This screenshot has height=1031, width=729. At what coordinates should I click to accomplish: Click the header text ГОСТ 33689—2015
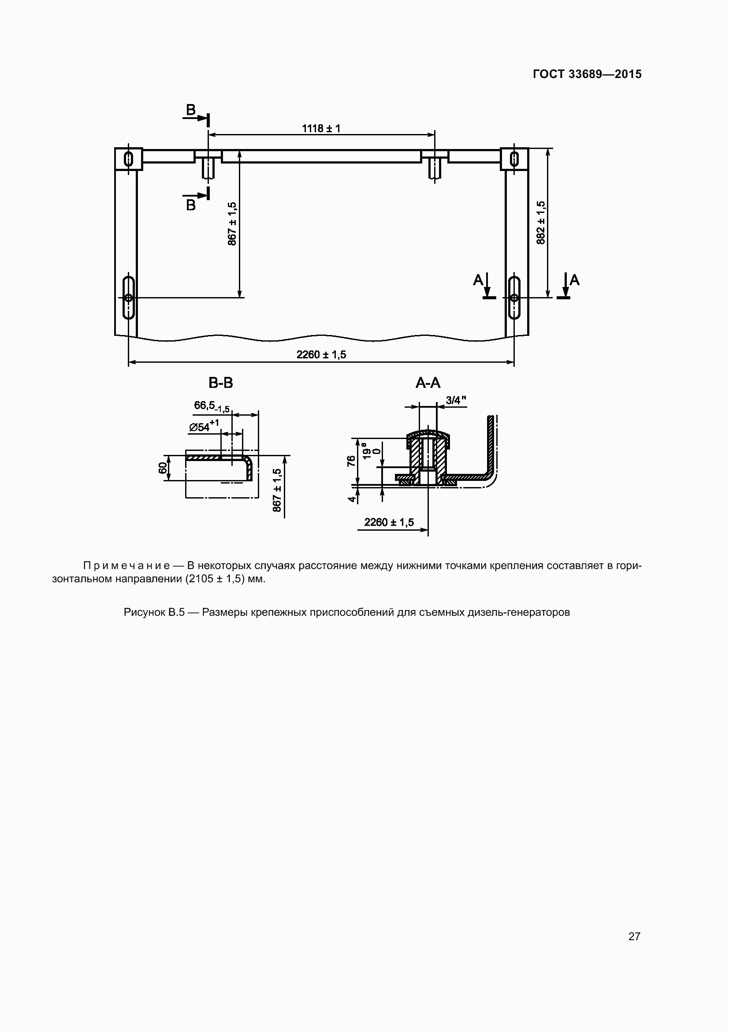tap(587, 74)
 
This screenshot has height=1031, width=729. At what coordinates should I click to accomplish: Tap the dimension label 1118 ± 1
tap(321, 128)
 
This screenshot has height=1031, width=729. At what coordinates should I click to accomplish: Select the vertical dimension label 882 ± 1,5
tap(541, 223)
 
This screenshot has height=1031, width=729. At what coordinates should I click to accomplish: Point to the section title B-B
tap(221, 383)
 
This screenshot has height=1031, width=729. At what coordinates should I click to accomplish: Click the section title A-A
tap(428, 383)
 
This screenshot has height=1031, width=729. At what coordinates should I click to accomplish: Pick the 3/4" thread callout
tap(456, 400)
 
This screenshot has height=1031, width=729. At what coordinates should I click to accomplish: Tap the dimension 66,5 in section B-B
tap(212, 406)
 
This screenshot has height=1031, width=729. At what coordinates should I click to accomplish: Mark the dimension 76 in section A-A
tap(351, 461)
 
